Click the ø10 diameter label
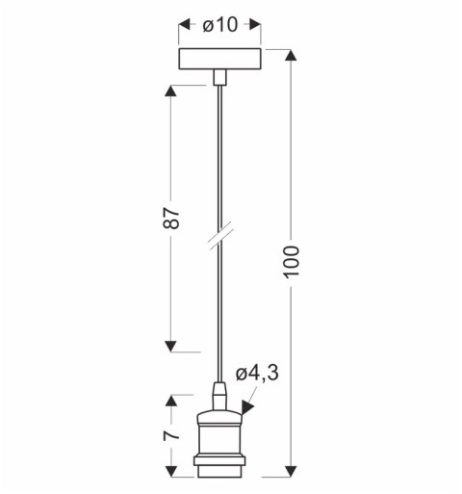point(221,25)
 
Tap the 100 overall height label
point(294,261)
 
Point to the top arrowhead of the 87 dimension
point(172,92)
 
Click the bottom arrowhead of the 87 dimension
point(172,344)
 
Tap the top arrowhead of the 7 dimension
point(172,400)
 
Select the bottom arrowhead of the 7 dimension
point(172,471)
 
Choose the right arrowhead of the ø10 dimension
point(261,26)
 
